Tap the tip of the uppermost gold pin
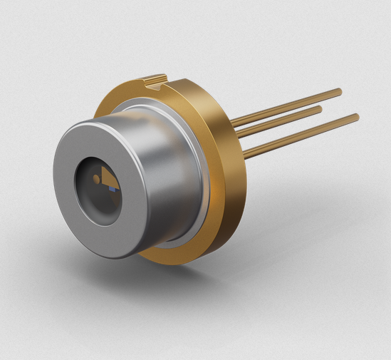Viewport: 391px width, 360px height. (339, 91)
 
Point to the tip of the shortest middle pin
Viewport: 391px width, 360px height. (319, 109)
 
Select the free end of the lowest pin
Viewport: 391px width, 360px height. (356, 116)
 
